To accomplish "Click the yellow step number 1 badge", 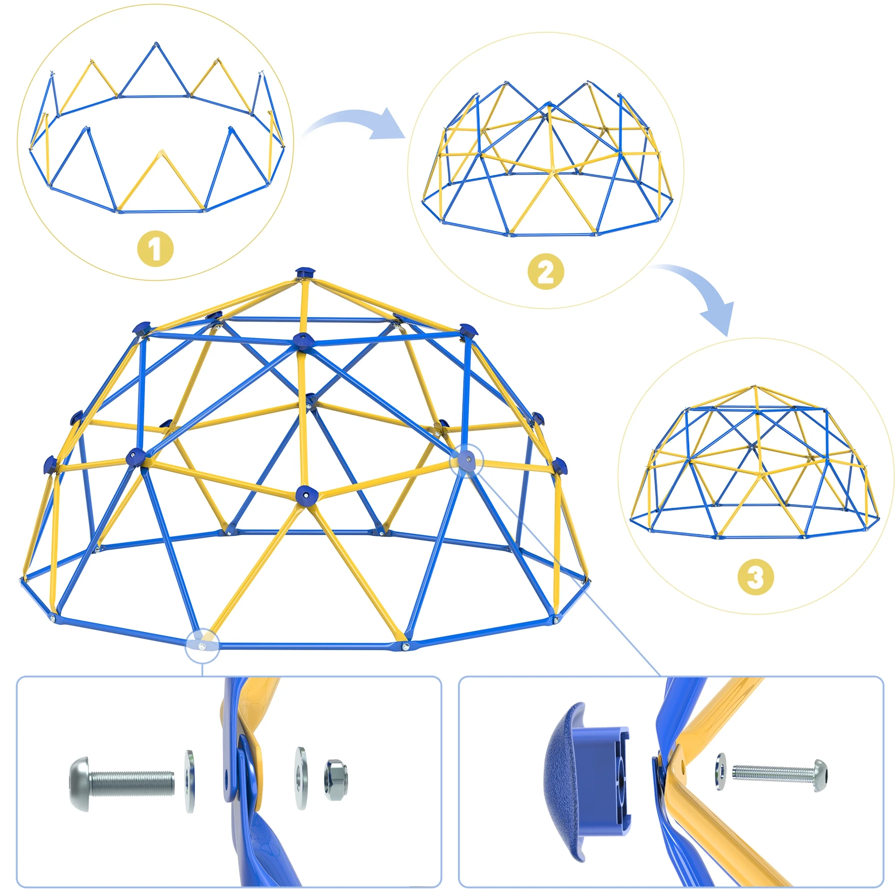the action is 156,249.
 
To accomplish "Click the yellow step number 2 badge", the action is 546,272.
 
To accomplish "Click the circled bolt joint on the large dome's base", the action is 201,646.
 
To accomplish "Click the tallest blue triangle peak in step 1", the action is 155,69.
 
